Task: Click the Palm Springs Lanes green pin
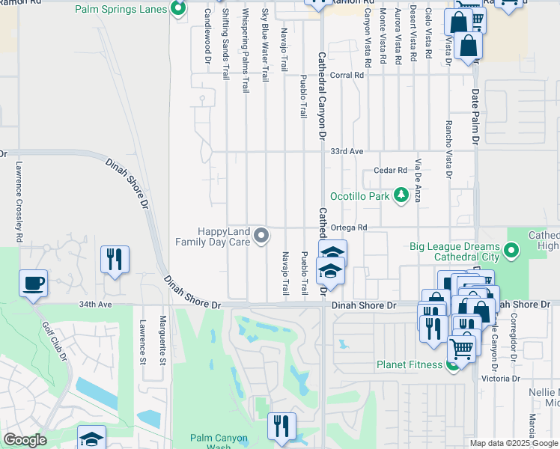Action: pyautogui.click(x=177, y=9)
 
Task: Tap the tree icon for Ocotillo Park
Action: pyautogui.click(x=402, y=195)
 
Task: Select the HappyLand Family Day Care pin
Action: pyautogui.click(x=261, y=236)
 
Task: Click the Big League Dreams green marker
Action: pyautogui.click(x=512, y=251)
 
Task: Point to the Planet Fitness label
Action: pyautogui.click(x=410, y=366)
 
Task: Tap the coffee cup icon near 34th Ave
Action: pyautogui.click(x=34, y=284)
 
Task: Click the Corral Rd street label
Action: pyautogui.click(x=347, y=76)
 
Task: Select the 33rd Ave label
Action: pyautogui.click(x=347, y=151)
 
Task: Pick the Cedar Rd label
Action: pyautogui.click(x=390, y=171)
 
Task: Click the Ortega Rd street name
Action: pyautogui.click(x=350, y=227)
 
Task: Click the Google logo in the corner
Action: pyautogui.click(x=25, y=440)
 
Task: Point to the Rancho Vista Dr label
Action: pyautogui.click(x=448, y=150)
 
